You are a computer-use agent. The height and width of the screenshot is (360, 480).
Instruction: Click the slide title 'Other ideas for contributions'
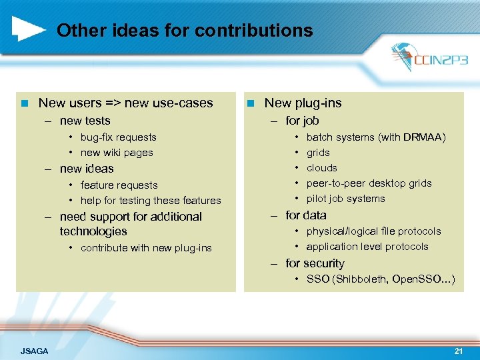185,31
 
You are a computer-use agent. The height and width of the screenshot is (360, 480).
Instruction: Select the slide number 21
458,350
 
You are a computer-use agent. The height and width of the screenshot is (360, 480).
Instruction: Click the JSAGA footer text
35,351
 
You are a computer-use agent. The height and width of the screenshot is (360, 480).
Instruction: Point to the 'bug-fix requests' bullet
118,137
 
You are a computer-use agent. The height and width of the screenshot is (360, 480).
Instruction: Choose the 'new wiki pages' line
117,153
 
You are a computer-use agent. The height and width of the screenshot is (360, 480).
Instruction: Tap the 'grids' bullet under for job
318,153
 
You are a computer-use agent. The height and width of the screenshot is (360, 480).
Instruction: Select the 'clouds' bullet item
321,168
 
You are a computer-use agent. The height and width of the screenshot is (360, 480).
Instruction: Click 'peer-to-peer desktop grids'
369,183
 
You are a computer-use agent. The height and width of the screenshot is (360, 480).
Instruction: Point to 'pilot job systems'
345,199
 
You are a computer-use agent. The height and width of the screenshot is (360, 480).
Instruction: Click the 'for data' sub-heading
306,215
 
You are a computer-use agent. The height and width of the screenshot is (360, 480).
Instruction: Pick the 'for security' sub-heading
315,263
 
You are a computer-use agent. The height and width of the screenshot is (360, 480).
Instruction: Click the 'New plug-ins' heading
303,103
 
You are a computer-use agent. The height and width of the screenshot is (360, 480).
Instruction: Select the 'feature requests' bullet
119,185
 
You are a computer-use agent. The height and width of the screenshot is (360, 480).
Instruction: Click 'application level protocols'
367,247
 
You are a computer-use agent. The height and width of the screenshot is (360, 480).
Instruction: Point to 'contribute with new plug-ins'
146,248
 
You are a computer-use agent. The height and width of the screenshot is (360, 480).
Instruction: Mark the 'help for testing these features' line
151,201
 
